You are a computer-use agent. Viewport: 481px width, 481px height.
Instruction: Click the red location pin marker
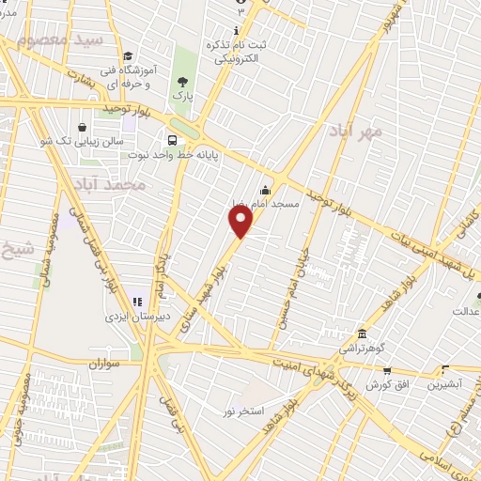pos(241,222)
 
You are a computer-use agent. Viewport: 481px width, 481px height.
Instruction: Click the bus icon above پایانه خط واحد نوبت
pos(172,133)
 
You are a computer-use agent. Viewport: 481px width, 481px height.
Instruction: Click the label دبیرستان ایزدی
pos(155,318)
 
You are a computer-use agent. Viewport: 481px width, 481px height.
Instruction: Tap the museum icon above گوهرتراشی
pos(362,334)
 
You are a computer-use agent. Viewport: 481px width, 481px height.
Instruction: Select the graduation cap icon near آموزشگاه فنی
pos(127,55)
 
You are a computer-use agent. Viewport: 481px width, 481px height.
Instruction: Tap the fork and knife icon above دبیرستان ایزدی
pos(136,303)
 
